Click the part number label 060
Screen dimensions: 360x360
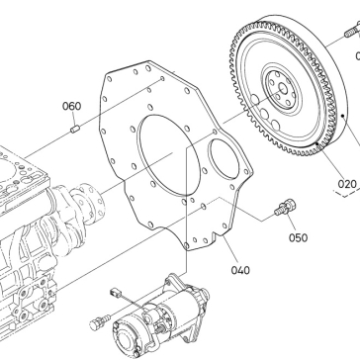coord(71,106)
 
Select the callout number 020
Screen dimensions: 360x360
coord(347,184)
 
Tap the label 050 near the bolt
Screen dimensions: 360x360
coord(299,237)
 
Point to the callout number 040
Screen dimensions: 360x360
coord(240,270)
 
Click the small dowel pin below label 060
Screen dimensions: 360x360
coord(75,129)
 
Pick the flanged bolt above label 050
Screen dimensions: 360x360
coord(285,208)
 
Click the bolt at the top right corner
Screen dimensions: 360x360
coord(353,30)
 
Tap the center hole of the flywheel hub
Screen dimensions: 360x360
coord(283,88)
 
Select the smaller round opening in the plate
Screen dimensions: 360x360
coord(225,159)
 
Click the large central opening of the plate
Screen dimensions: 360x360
coord(169,155)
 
